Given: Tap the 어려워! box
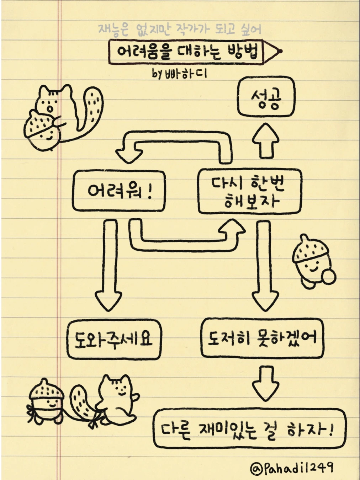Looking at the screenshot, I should (119, 191).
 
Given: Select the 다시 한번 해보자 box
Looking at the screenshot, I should (249, 192).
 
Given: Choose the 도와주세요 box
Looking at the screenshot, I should (114, 339).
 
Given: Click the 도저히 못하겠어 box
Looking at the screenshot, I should (262, 338).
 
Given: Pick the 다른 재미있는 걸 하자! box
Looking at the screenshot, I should (249, 428).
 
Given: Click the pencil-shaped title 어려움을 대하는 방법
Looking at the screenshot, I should (187, 52).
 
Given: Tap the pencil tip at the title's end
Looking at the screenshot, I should (279, 51).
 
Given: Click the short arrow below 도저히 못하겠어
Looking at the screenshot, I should (265, 383).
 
